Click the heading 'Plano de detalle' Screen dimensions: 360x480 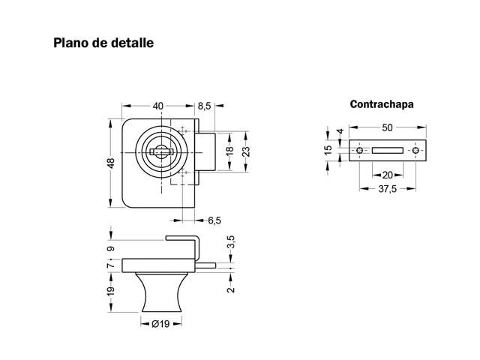point(103,43)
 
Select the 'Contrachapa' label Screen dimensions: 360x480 point(382,105)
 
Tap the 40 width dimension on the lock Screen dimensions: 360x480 point(158,106)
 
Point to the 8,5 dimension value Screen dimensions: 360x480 point(205,106)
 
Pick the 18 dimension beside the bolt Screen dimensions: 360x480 point(230,150)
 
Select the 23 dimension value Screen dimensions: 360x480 point(245,150)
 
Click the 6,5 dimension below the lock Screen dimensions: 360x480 point(214,220)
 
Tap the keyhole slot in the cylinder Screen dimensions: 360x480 point(161,151)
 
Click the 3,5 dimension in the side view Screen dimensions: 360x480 point(230,243)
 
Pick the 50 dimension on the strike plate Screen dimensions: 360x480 point(388,127)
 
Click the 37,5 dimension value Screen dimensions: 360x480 point(388,189)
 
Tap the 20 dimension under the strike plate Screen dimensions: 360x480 point(388,175)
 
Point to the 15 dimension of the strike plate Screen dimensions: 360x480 point(328,149)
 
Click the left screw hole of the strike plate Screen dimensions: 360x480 point(360,151)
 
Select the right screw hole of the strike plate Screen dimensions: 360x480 point(416,151)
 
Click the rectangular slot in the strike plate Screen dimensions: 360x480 point(388,151)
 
